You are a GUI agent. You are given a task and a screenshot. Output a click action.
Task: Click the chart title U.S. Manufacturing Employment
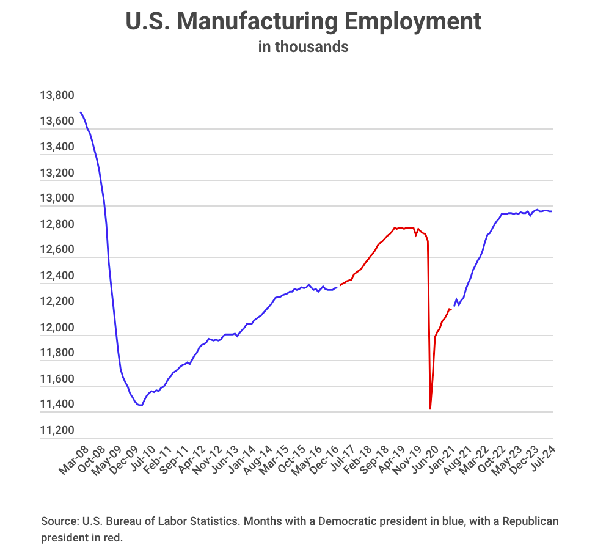coord(303,21)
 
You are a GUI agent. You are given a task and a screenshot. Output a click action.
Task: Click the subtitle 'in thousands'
coord(303,47)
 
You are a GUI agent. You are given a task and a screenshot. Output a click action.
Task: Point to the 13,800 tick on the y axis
coord(57,96)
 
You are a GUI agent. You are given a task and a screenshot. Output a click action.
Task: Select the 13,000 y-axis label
coord(57,199)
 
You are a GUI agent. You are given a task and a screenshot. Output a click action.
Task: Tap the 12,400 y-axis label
coord(57,276)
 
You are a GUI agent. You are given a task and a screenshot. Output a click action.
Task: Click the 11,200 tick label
coord(57,431)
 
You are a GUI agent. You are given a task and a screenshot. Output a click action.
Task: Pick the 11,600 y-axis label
coord(57,380)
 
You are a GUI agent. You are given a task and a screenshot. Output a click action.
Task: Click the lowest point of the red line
coord(431,409)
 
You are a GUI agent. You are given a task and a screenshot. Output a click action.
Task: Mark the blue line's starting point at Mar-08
coord(81,112)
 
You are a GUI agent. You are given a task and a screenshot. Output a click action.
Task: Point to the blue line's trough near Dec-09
coord(141,405)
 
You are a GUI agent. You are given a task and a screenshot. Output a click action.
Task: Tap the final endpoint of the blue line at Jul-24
coord(552,211)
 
